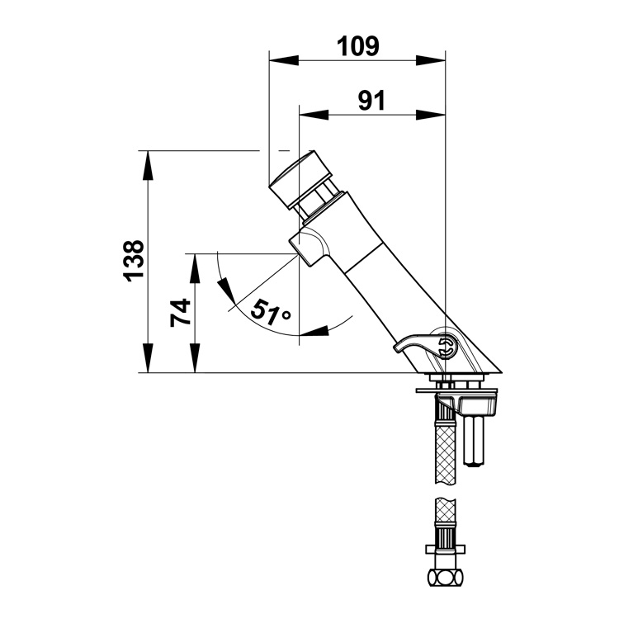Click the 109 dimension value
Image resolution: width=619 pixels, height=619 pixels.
pos(357,46)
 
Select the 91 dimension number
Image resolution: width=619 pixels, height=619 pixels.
pos(371,101)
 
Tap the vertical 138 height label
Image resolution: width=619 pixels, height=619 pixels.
pos(134,261)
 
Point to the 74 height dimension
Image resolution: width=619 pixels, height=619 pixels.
pos(180,313)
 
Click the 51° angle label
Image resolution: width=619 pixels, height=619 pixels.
pos(271,312)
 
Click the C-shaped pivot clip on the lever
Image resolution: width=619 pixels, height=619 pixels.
pos(446,346)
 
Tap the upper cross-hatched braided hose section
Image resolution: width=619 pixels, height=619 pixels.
pos(446,453)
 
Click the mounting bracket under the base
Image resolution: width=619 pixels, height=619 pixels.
pos(456,400)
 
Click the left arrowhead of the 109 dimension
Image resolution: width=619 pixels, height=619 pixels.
pos(283,60)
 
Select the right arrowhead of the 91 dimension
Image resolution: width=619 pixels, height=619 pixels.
pos(431,115)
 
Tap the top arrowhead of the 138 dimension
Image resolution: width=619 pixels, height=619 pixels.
pos(148,165)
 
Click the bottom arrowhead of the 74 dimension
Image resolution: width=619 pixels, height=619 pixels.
pos(195,358)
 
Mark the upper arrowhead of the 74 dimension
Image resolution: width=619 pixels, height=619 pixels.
pos(195,268)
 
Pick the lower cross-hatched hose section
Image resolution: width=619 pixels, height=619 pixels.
pos(446,510)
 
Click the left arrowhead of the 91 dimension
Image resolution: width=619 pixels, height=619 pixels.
pos(314,115)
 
